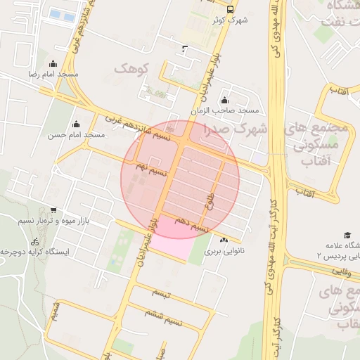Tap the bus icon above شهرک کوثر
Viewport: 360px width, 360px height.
pyautogui.click(x=230, y=8)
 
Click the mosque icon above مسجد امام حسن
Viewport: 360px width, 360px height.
pyautogui.click(x=76, y=124)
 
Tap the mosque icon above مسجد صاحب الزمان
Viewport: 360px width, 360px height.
pyautogui.click(x=224, y=100)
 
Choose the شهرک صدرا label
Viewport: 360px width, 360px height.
pyautogui.click(x=236, y=129)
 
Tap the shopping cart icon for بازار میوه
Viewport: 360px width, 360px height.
pyautogui.click(x=53, y=210)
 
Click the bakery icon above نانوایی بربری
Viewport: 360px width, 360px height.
pyautogui.click(x=224, y=240)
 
